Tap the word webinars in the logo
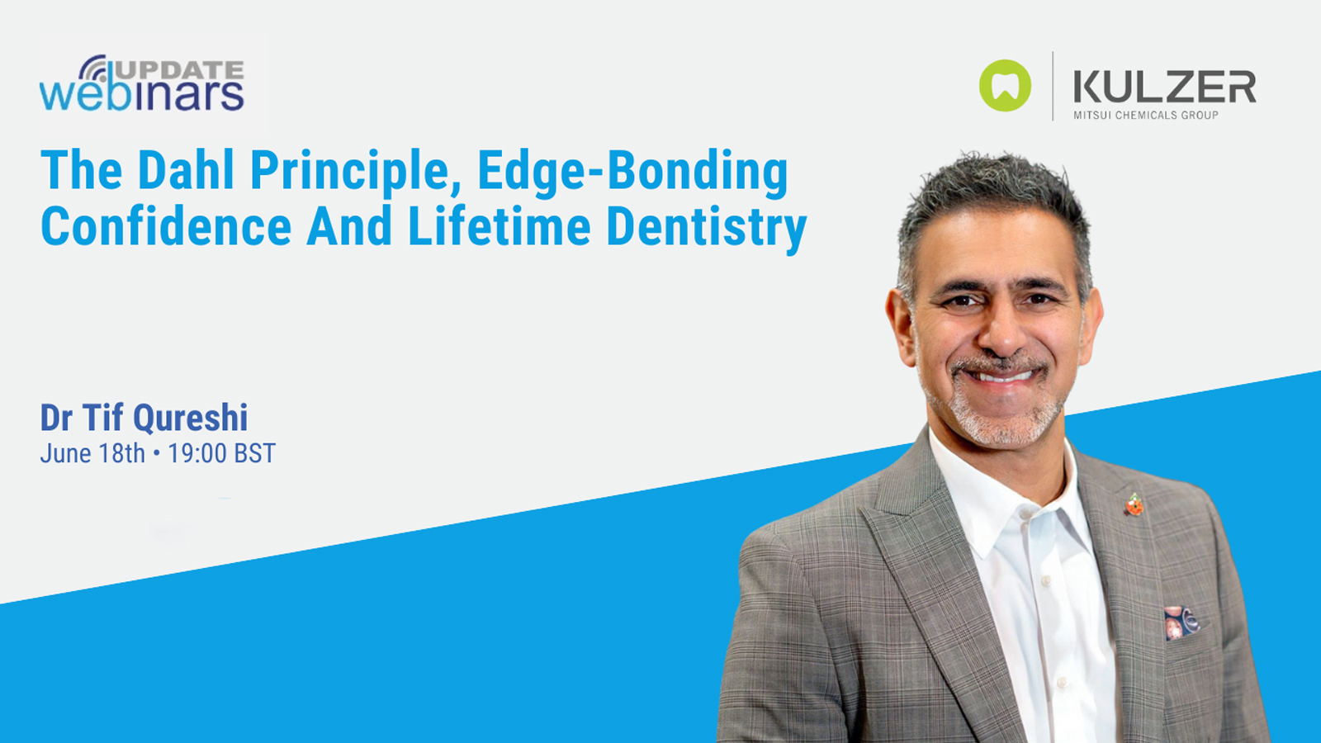[x=142, y=94]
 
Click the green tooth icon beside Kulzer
[x=1005, y=86]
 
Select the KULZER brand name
[x=1164, y=87]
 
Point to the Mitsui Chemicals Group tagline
[x=1146, y=116]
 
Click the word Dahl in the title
[x=186, y=171]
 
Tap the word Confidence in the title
[x=166, y=227]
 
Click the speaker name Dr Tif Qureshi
[x=144, y=418]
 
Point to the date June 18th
[x=92, y=453]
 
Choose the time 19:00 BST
[x=221, y=453]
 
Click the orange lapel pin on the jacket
[x=1135, y=504]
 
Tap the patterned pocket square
[x=1181, y=622]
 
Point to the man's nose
[x=1001, y=330]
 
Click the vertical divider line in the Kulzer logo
[x=1053, y=86]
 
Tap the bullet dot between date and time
[x=157, y=453]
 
